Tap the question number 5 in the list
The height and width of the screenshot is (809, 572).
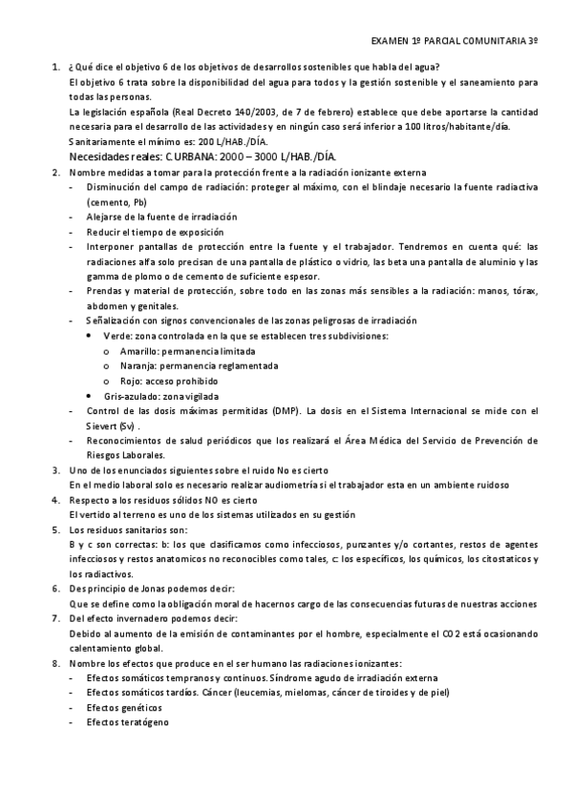[x=53, y=529]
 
